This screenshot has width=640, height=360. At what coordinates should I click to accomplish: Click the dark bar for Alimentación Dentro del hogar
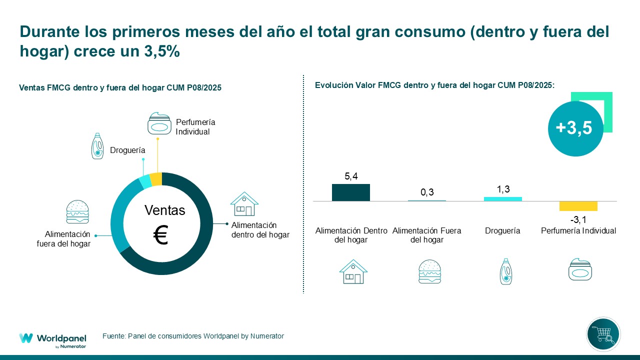[351, 192]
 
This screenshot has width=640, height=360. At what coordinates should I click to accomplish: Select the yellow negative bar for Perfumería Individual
[578, 206]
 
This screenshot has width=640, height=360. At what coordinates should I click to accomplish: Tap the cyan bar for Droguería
[502, 199]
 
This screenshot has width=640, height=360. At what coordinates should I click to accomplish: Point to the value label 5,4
[351, 176]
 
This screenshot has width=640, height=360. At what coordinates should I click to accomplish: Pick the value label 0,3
[427, 193]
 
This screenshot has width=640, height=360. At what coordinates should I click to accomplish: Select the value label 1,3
[502, 189]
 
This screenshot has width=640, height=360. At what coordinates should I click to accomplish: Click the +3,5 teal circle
[574, 128]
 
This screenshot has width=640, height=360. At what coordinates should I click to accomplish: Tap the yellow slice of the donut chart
[156, 179]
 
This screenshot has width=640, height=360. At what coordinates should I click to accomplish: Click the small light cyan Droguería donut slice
[145, 182]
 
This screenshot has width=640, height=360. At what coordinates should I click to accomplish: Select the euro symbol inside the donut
[160, 235]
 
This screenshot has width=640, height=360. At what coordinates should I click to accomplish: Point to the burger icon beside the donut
[77, 212]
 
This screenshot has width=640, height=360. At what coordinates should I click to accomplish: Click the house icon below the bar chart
[353, 272]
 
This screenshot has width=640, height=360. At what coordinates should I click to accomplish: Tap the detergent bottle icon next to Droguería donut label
[97, 146]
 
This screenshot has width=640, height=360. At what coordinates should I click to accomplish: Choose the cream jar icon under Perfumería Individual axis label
[580, 270]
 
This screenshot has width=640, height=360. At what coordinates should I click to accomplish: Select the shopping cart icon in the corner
[603, 334]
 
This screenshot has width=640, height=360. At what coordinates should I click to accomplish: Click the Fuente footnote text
[193, 336]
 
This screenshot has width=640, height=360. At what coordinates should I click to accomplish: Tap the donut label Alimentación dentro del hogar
[260, 230]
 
